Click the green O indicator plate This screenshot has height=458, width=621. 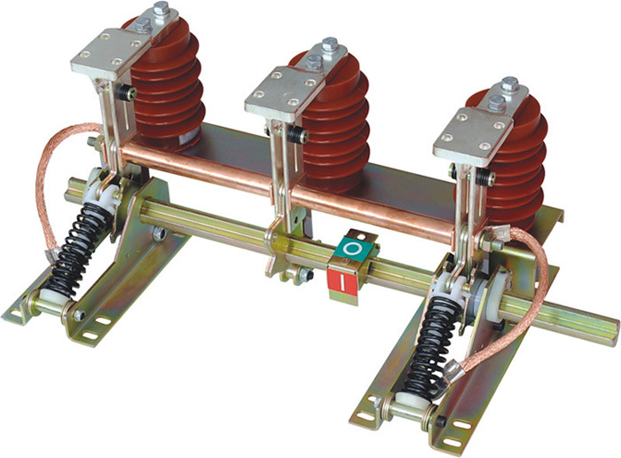[x=352, y=249]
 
